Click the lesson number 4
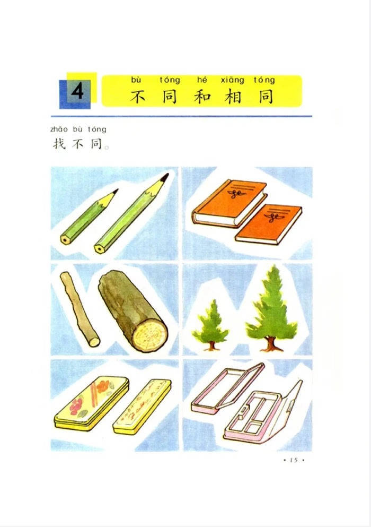(x=77, y=91)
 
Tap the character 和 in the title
(x=202, y=97)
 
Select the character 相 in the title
(x=233, y=97)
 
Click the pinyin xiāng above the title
(x=232, y=80)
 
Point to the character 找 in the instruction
(x=59, y=144)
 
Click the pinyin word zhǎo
(x=59, y=129)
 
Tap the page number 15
(x=294, y=460)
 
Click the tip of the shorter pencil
(x=117, y=189)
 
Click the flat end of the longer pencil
(x=99, y=249)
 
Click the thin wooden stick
(x=79, y=309)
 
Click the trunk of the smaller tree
(x=211, y=345)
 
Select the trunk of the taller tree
(x=271, y=344)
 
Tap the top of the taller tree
(x=275, y=266)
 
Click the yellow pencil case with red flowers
(x=92, y=403)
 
